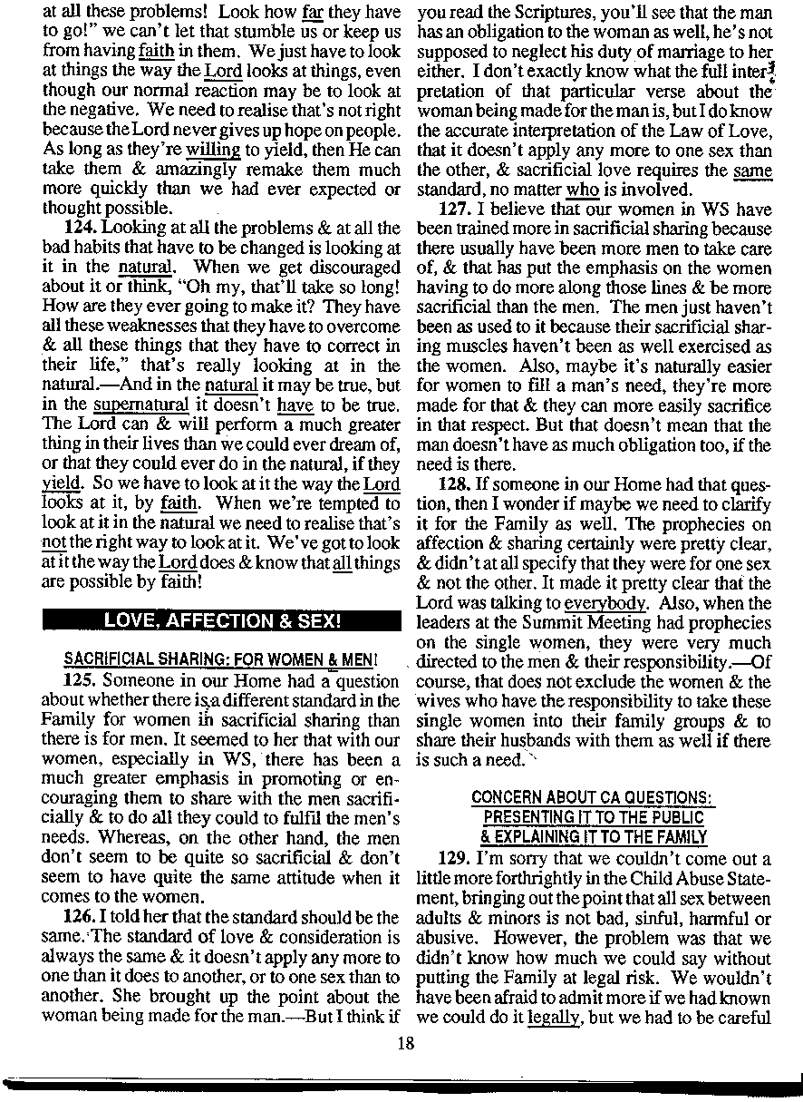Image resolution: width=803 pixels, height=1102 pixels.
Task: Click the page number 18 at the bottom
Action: point(405,1043)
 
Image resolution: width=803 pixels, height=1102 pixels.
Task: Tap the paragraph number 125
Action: point(79,678)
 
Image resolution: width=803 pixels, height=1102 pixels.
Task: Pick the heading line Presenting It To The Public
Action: point(594,816)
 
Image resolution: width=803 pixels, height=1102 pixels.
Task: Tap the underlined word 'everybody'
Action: point(604,603)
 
